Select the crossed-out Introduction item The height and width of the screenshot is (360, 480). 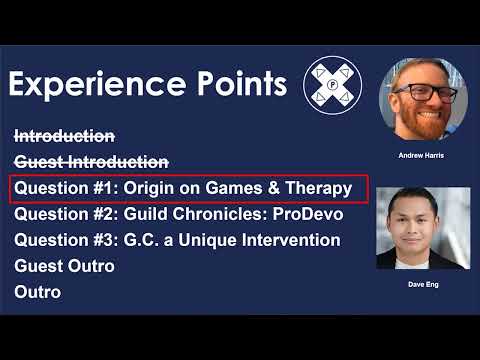tap(64, 136)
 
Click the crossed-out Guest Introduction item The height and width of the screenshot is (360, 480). tap(91, 162)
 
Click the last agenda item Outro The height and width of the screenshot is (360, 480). tap(38, 292)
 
